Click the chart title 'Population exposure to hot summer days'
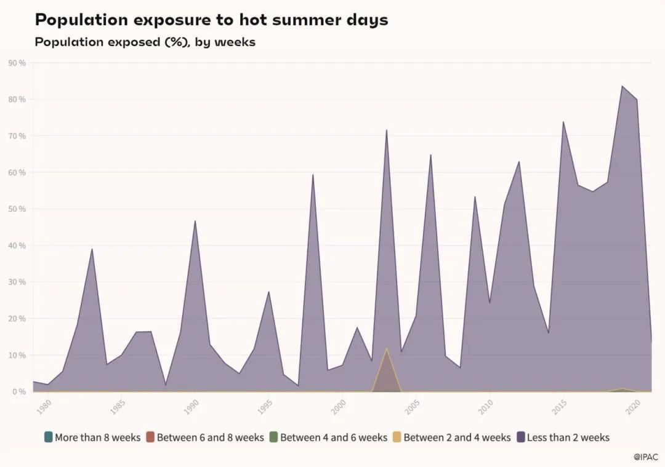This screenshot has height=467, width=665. (211, 20)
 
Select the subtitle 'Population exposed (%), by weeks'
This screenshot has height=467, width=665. (145, 42)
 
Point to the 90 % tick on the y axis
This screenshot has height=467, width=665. (17, 63)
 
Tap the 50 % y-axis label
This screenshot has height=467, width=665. (17, 209)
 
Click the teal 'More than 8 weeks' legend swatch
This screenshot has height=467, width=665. (49, 437)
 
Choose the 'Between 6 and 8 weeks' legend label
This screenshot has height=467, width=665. (210, 437)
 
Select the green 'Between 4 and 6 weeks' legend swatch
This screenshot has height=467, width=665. (274, 437)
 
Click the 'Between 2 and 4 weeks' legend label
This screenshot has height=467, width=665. (457, 437)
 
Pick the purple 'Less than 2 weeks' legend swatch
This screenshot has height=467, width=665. (521, 437)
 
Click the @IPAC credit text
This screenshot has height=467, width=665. (645, 457)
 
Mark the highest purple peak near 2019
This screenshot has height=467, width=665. (622, 86)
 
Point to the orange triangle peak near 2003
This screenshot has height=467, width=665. (387, 349)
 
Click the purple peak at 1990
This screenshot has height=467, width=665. (195, 221)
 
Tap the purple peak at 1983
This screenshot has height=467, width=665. (92, 249)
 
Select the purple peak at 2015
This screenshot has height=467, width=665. (563, 122)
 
